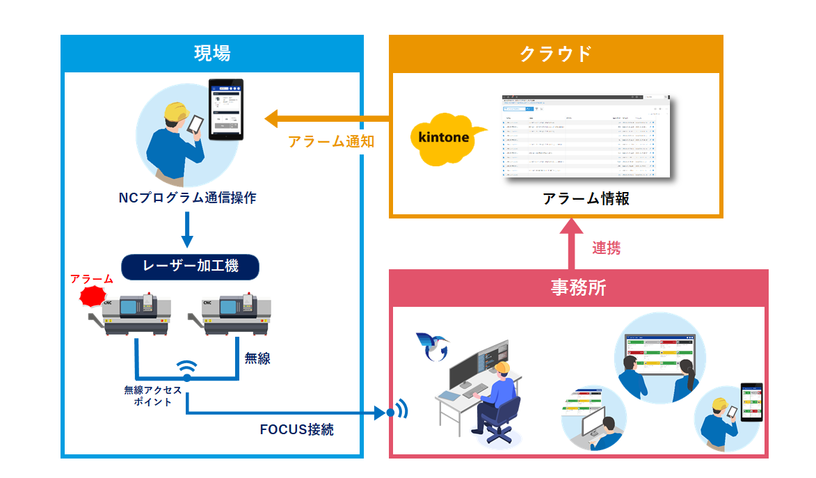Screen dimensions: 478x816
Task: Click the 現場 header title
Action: tap(212, 54)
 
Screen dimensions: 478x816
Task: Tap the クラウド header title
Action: tap(556, 54)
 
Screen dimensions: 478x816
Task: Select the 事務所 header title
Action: tap(578, 287)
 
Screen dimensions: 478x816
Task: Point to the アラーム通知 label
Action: tap(331, 142)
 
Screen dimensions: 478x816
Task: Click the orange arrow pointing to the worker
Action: tap(327, 118)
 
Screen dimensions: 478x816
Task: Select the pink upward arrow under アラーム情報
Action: tap(572, 244)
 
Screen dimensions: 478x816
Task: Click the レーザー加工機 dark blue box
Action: tap(190, 266)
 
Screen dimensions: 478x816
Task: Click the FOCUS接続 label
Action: tap(296, 429)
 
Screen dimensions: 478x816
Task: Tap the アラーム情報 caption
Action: tap(586, 198)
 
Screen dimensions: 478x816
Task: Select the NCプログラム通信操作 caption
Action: tap(187, 198)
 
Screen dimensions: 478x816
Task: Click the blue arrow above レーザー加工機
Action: tap(186, 230)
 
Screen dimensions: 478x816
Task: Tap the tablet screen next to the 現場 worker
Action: tap(226, 110)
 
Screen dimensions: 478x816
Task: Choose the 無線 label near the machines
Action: tap(257, 359)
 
